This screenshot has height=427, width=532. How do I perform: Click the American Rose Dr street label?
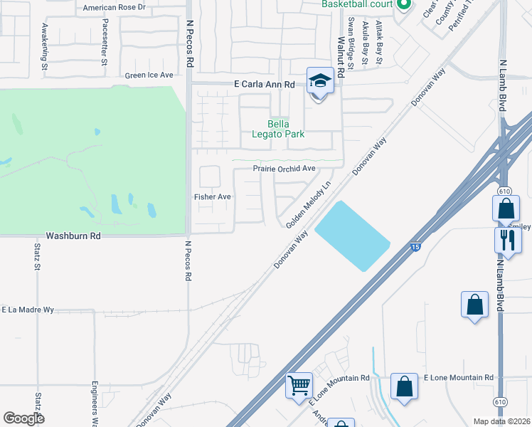click(114, 7)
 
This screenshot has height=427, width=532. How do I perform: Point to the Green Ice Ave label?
click(149, 75)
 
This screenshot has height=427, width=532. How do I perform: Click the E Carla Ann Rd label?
click(264, 84)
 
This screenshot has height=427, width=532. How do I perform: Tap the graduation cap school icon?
click(320, 81)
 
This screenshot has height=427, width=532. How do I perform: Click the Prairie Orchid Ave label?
click(284, 169)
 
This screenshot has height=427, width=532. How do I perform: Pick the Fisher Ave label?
click(213, 196)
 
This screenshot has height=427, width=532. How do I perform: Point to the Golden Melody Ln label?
click(309, 204)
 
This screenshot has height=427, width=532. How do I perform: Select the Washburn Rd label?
click(73, 235)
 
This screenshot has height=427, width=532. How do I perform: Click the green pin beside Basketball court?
click(404, 5)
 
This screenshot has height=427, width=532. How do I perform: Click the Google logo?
click(23, 418)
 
